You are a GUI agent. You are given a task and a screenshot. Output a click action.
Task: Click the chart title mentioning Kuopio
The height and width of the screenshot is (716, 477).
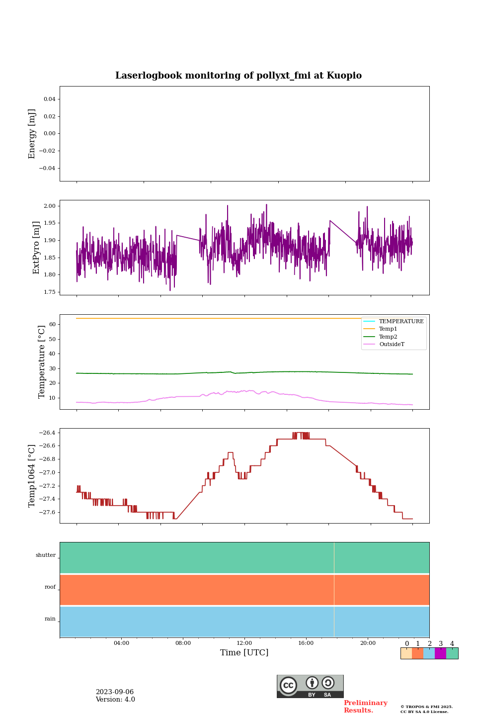pos(238,76)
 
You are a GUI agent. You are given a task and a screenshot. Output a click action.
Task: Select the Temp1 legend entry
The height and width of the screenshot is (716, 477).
pos(388,329)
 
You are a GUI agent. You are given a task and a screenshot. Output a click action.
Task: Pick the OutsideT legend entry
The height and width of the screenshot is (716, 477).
pos(392,344)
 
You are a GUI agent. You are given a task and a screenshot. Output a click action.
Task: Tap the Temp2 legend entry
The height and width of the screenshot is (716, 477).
pos(388,337)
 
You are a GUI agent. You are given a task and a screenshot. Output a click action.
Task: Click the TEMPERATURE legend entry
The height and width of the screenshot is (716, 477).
pos(401,321)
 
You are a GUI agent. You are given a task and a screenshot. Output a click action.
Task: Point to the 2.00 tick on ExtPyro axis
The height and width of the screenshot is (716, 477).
pos(50,206)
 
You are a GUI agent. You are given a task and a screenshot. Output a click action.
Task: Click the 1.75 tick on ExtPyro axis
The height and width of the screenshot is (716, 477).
pos(50,292)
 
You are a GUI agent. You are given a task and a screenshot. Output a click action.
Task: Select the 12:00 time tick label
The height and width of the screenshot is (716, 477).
pos(244,643)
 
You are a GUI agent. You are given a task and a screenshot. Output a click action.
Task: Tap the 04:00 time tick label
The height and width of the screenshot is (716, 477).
pos(121,643)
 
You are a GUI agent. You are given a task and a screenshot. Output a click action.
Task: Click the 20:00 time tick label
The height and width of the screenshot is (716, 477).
pos(368,643)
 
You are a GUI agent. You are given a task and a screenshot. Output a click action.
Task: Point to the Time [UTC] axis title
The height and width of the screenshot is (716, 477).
pos(244,653)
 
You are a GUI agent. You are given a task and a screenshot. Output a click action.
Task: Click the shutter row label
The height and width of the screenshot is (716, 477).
pos(46,555)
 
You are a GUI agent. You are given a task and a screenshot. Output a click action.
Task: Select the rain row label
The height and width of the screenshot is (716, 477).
pos(50,619)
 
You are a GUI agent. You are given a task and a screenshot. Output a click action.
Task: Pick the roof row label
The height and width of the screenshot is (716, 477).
pos(50,587)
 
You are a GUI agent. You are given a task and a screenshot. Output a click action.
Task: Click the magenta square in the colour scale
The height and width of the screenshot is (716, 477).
pos(440,653)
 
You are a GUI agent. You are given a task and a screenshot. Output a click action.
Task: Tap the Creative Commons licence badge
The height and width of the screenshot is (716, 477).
pos(310,686)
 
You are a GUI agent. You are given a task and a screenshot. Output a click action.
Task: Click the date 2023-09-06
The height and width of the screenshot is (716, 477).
pos(115,692)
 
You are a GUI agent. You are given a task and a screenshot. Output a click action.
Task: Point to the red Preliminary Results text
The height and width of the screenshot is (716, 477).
pos(365,707)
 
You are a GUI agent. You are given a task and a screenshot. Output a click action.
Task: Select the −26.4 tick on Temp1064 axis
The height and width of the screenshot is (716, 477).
pos(48,433)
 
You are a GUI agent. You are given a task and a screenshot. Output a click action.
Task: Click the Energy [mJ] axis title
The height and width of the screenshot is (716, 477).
pos(32,134)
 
